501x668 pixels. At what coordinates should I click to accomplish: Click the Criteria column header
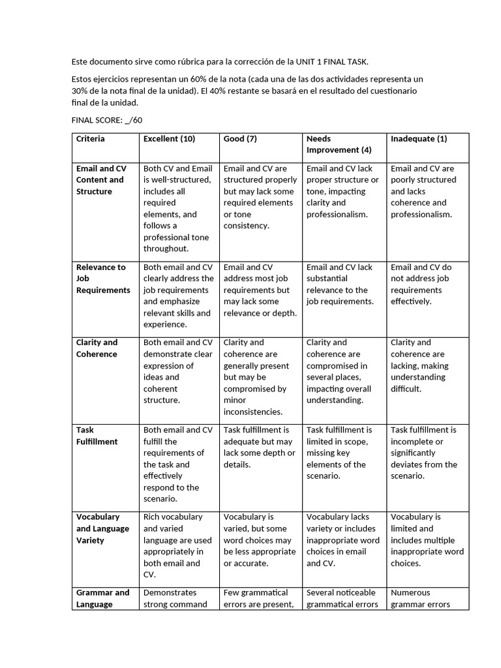[x=91, y=139]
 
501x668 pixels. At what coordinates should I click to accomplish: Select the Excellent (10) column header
[x=169, y=139]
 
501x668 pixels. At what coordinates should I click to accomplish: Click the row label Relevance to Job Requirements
[x=103, y=279]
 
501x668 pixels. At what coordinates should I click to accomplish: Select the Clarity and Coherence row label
[x=97, y=348]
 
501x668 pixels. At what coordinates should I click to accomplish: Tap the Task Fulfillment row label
[x=97, y=436]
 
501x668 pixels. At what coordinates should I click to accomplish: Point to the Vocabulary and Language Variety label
[x=103, y=528]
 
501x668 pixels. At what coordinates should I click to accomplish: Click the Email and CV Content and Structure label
[x=101, y=180]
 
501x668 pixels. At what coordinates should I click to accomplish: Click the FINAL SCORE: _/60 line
[x=107, y=120]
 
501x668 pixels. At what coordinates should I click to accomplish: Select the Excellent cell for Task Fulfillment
[x=177, y=464]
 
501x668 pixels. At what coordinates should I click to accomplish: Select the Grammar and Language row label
[x=103, y=598]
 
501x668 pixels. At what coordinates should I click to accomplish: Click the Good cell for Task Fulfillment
[x=259, y=447]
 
